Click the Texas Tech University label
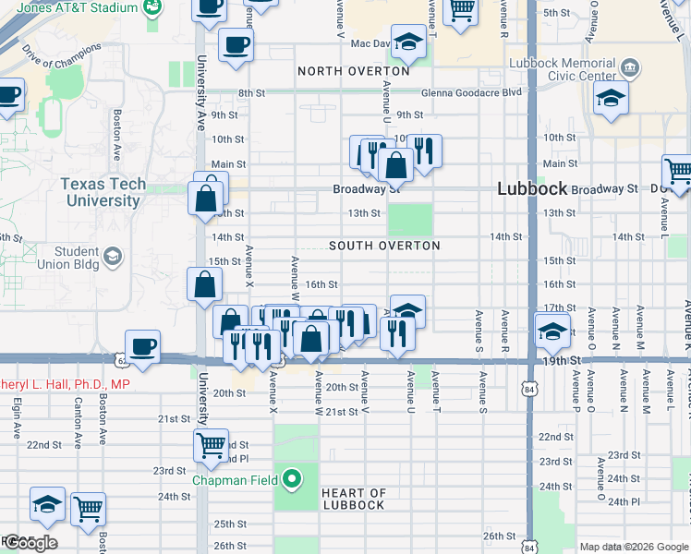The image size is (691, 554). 103,192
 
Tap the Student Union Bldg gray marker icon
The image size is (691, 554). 113,256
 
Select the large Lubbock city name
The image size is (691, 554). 531,187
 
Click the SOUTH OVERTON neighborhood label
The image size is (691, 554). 384,246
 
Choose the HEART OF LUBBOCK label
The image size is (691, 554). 353,499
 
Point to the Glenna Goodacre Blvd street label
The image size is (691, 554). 471,93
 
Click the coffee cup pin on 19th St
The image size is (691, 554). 142,347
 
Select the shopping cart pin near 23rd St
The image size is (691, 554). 211,445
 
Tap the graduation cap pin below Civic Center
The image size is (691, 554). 611,100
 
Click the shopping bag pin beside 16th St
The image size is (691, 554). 204,285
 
